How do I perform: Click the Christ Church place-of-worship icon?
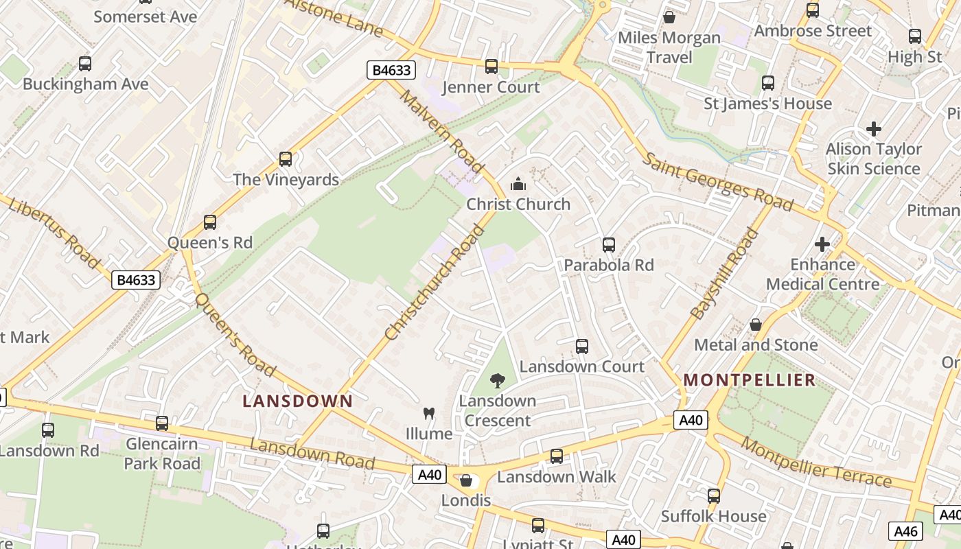tap(518, 184)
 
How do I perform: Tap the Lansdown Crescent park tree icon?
tap(498, 380)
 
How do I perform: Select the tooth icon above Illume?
tap(429, 413)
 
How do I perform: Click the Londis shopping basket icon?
tap(466, 480)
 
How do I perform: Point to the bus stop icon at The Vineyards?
tap(286, 159)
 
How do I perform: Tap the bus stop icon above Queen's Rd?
tap(210, 222)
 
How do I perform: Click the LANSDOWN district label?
tap(298, 401)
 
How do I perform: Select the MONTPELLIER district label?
tap(750, 379)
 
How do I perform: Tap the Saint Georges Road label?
tap(718, 182)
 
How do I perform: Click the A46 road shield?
tap(906, 530)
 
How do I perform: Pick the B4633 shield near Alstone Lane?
tap(391, 69)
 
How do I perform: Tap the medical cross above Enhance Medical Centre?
tap(822, 244)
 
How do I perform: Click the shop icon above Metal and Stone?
tap(756, 325)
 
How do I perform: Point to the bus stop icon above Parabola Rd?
tap(608, 245)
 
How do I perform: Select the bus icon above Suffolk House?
tap(714, 495)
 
